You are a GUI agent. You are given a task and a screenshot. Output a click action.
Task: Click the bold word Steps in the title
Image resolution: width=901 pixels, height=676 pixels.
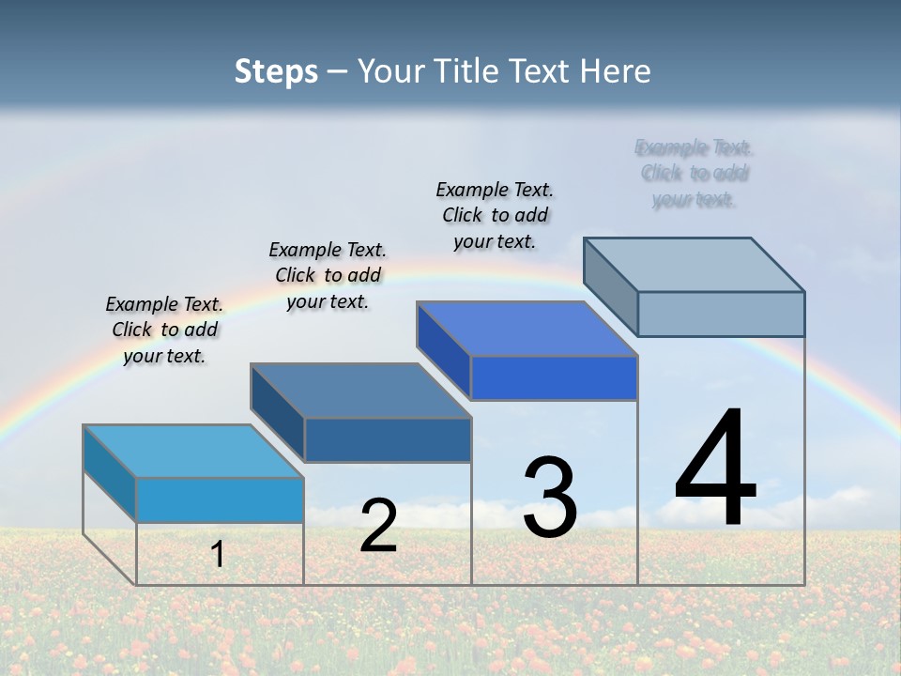coord(276,71)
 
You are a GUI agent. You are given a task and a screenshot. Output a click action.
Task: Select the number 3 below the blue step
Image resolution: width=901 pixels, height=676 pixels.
coord(550,498)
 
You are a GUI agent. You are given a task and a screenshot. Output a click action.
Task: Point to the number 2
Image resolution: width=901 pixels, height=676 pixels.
coord(378,526)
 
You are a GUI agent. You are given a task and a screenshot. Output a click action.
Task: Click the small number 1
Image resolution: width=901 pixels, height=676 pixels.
coord(218,554)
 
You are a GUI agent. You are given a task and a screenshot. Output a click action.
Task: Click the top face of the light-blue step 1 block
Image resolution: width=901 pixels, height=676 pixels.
coord(192,451)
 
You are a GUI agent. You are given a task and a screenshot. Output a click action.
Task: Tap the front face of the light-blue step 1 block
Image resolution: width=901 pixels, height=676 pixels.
coord(220,499)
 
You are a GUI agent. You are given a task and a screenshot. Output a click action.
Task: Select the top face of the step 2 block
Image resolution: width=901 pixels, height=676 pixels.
coord(360,390)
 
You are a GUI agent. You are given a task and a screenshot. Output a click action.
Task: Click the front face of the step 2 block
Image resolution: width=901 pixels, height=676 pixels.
coord(388,439)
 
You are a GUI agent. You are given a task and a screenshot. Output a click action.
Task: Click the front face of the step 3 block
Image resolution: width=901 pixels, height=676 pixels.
coord(554,377)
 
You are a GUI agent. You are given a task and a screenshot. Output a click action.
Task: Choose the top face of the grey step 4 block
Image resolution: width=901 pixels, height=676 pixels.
coord(694,264)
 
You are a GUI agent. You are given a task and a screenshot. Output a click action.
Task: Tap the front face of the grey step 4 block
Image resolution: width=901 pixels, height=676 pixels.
coord(721,314)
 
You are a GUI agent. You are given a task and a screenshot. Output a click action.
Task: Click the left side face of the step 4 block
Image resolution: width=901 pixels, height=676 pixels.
coord(610,286)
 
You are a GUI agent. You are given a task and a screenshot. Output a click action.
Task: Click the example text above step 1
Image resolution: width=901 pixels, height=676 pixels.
coord(164,330)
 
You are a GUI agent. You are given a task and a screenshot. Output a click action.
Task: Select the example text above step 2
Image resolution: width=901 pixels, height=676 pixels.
coord(328,275)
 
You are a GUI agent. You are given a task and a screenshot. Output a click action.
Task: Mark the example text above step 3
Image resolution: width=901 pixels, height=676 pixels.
coord(495,215)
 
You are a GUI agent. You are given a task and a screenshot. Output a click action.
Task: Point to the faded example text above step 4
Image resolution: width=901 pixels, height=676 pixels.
coord(695,174)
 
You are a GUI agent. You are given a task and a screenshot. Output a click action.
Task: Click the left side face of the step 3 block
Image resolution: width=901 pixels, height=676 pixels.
coord(443,350)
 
